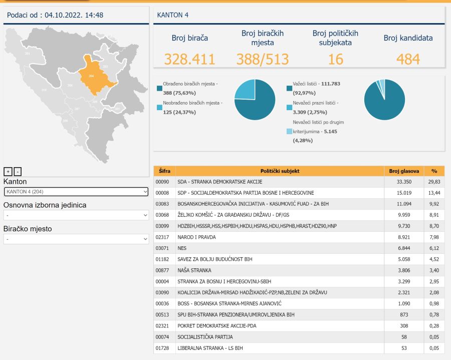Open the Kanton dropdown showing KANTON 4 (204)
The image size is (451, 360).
76,192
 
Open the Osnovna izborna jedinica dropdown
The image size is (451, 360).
76,215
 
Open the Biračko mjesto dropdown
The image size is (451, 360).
76,239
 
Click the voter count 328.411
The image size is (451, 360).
189,59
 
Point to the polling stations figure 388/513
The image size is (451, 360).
262,59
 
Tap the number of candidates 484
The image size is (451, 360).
408,59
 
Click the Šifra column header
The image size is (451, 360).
164,171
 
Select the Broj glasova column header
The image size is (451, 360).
404,171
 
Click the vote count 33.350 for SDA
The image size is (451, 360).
404,182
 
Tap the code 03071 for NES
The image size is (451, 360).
163,248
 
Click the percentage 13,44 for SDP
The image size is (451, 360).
434,193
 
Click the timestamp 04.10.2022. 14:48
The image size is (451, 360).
74,15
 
